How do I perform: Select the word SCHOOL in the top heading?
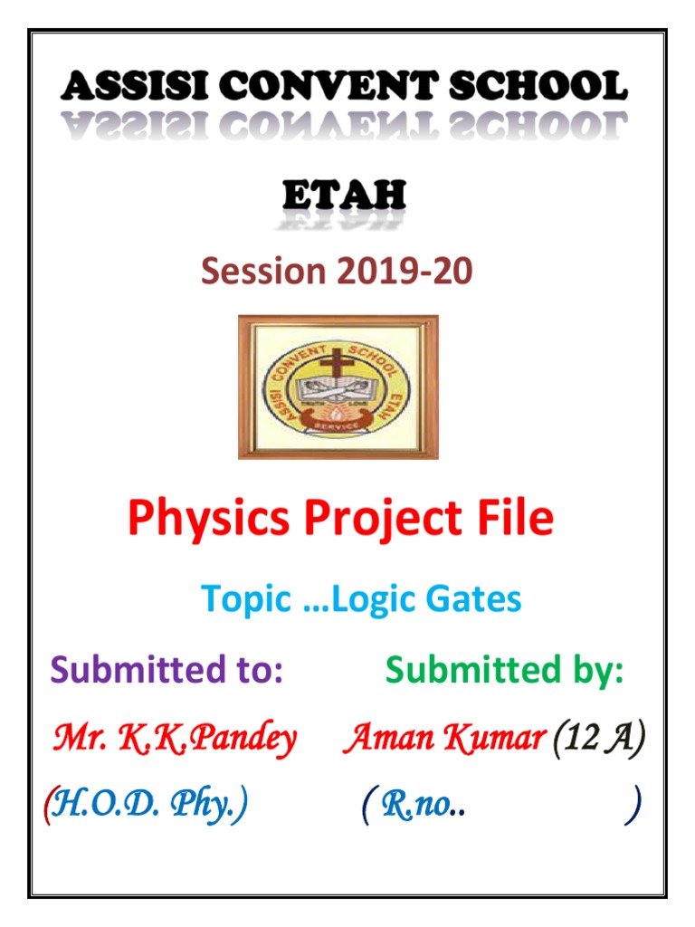coord(535,88)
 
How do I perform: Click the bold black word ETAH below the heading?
coord(344,196)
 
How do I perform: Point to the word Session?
coord(262,271)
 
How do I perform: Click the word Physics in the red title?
coord(210,519)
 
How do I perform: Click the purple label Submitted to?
coord(167,671)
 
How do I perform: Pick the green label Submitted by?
coord(504,671)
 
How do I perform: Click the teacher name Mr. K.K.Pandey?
coord(175,740)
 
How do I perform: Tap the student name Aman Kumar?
coord(442,740)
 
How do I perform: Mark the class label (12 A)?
coord(598,740)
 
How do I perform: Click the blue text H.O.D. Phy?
coord(149,802)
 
